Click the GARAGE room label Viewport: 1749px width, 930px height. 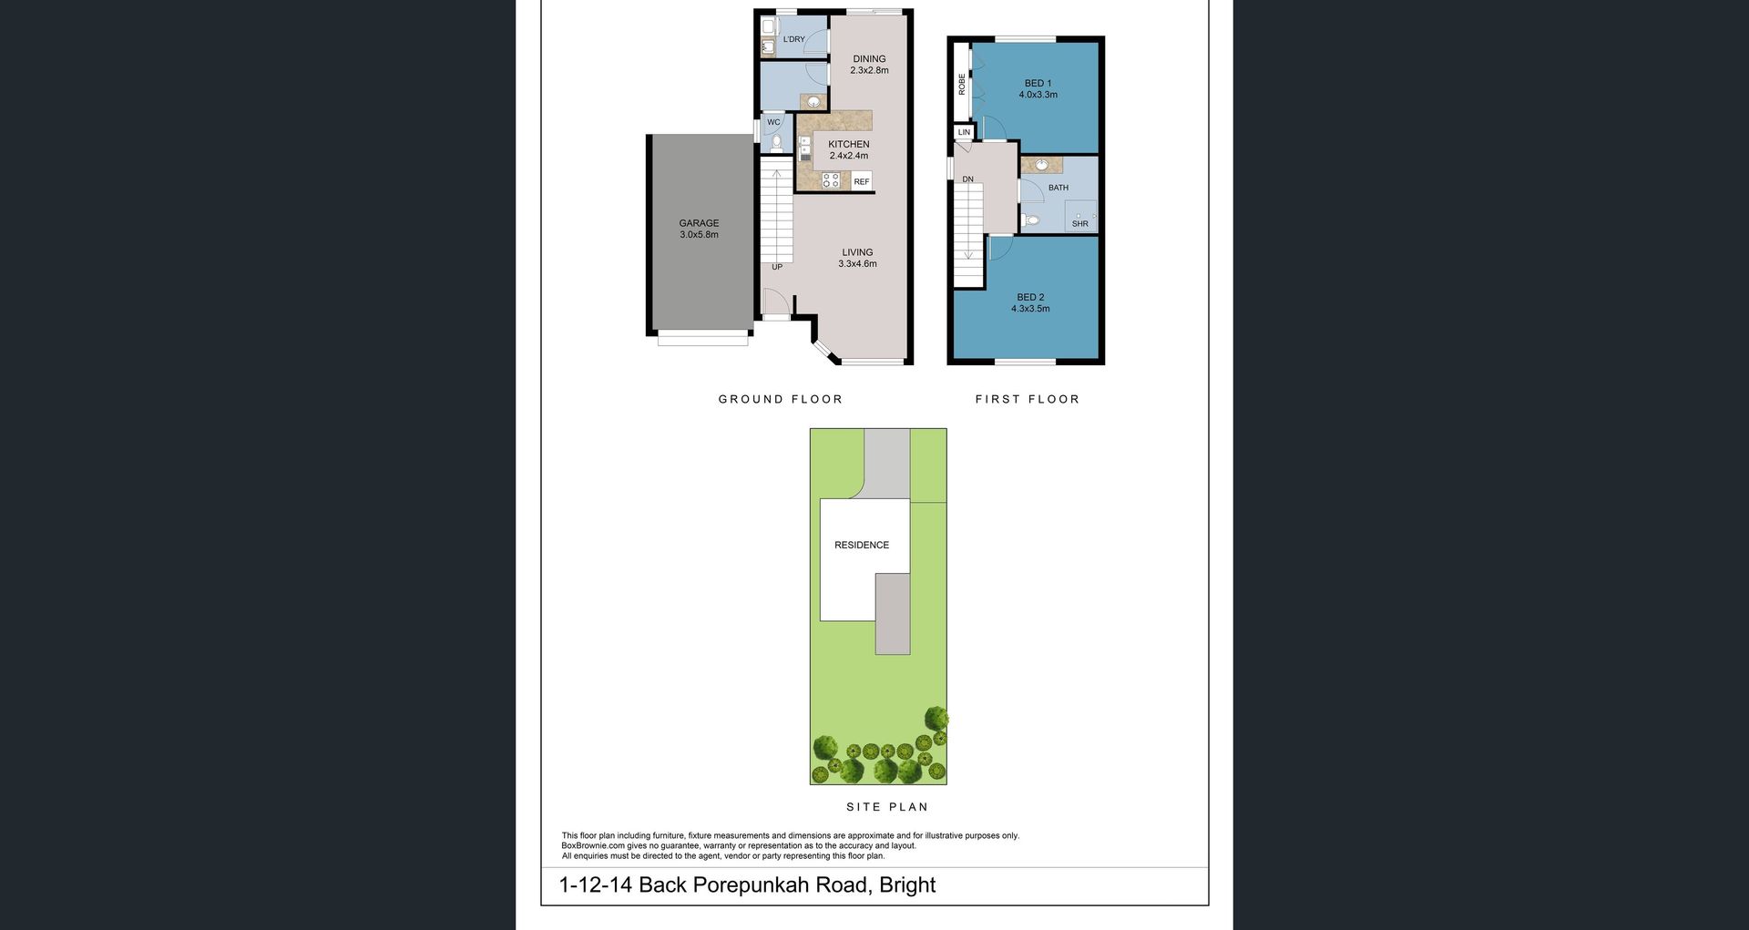point(699,223)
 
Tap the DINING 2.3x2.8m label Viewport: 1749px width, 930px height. point(869,65)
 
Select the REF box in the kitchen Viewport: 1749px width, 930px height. point(862,181)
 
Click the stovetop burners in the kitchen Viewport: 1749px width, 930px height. point(831,180)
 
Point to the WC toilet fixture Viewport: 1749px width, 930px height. point(777,143)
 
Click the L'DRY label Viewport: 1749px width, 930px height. point(794,39)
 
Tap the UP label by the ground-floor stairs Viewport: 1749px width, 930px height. point(777,267)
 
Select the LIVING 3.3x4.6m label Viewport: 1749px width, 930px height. point(857,258)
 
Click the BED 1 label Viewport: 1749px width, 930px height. point(1038,83)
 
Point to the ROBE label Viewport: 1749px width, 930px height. point(962,84)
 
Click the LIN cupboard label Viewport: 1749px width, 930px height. point(964,132)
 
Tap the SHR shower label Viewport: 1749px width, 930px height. point(1080,223)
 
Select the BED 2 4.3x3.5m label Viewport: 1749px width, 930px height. point(1030,302)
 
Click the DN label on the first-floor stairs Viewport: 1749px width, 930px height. point(967,179)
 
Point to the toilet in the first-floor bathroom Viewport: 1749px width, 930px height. point(1030,220)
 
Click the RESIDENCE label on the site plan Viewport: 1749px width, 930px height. point(862,545)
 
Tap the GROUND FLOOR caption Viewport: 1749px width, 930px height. point(781,399)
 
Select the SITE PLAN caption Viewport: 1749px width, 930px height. point(887,807)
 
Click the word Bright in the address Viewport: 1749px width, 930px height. point(907,884)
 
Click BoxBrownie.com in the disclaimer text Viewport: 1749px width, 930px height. point(593,846)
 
